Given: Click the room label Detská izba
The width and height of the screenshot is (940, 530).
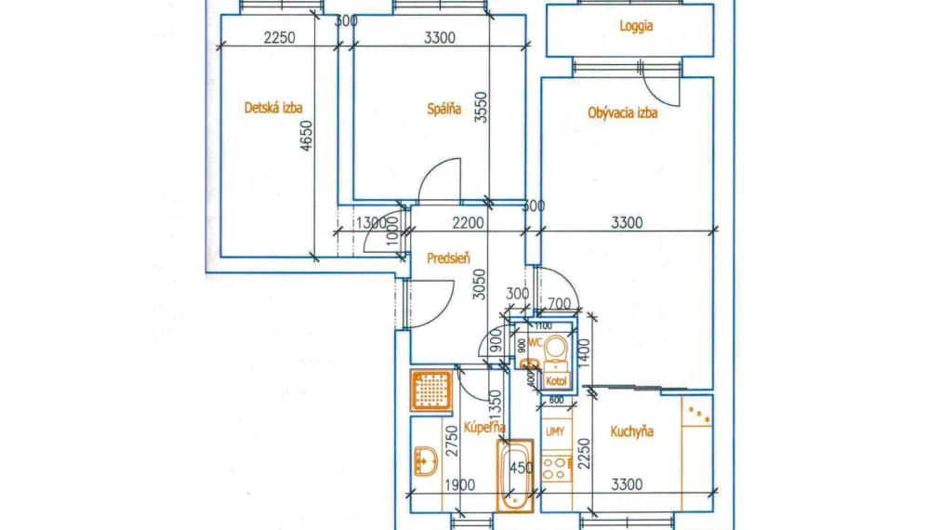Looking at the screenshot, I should [273, 108].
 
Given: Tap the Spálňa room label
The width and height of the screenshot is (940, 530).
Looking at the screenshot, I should [444, 109].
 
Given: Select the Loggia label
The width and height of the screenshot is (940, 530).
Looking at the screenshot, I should [636, 27].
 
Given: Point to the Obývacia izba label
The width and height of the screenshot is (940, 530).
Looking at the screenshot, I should [623, 113].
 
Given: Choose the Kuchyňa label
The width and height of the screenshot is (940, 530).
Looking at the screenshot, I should [631, 431].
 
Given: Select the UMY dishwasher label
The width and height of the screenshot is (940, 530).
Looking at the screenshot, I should [555, 432].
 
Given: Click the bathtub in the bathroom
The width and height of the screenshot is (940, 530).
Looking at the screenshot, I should [514, 475].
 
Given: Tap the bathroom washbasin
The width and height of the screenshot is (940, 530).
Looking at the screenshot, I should [426, 460].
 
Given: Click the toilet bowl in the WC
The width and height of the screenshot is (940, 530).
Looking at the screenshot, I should [556, 350].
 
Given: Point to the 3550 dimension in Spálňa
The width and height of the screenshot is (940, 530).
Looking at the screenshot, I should [479, 108].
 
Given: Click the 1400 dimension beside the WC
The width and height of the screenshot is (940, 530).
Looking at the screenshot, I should [584, 353].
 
